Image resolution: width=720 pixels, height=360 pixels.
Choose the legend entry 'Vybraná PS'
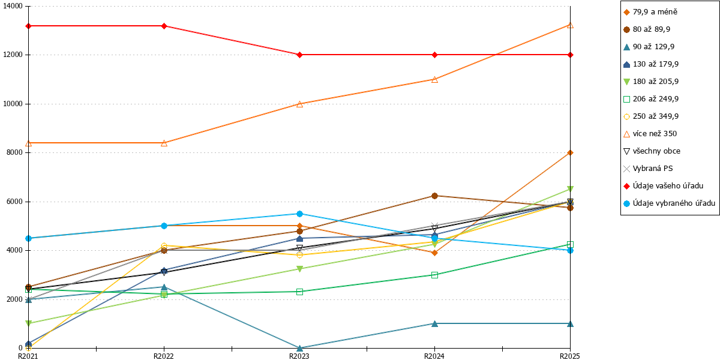click(647, 169)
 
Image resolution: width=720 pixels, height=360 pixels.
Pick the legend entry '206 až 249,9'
click(651, 98)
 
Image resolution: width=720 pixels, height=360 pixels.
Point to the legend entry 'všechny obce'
click(652, 151)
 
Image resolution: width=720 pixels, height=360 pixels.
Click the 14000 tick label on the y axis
click(13, 6)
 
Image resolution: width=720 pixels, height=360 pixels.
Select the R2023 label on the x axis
click(299, 356)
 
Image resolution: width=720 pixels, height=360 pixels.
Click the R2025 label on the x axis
click(570, 356)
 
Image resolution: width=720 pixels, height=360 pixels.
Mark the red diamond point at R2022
click(164, 26)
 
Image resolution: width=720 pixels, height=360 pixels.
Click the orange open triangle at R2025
click(570, 25)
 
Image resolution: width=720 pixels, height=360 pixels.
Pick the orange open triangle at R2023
click(299, 104)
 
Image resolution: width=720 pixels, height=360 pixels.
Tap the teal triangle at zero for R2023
click(299, 348)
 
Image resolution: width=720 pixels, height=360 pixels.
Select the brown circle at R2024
click(434, 196)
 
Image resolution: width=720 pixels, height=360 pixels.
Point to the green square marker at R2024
click(434, 275)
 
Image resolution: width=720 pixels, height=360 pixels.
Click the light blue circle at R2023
click(299, 214)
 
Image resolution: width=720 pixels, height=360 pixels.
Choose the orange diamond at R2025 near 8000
click(570, 152)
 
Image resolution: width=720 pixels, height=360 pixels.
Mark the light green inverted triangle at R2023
click(299, 269)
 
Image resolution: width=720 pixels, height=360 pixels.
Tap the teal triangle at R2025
click(570, 323)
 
